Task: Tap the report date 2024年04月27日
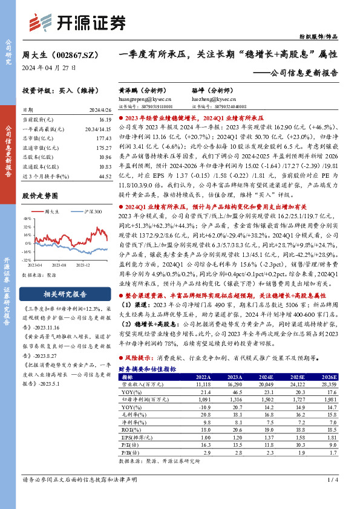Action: coord(50,68)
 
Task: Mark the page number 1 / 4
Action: coord(332,497)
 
